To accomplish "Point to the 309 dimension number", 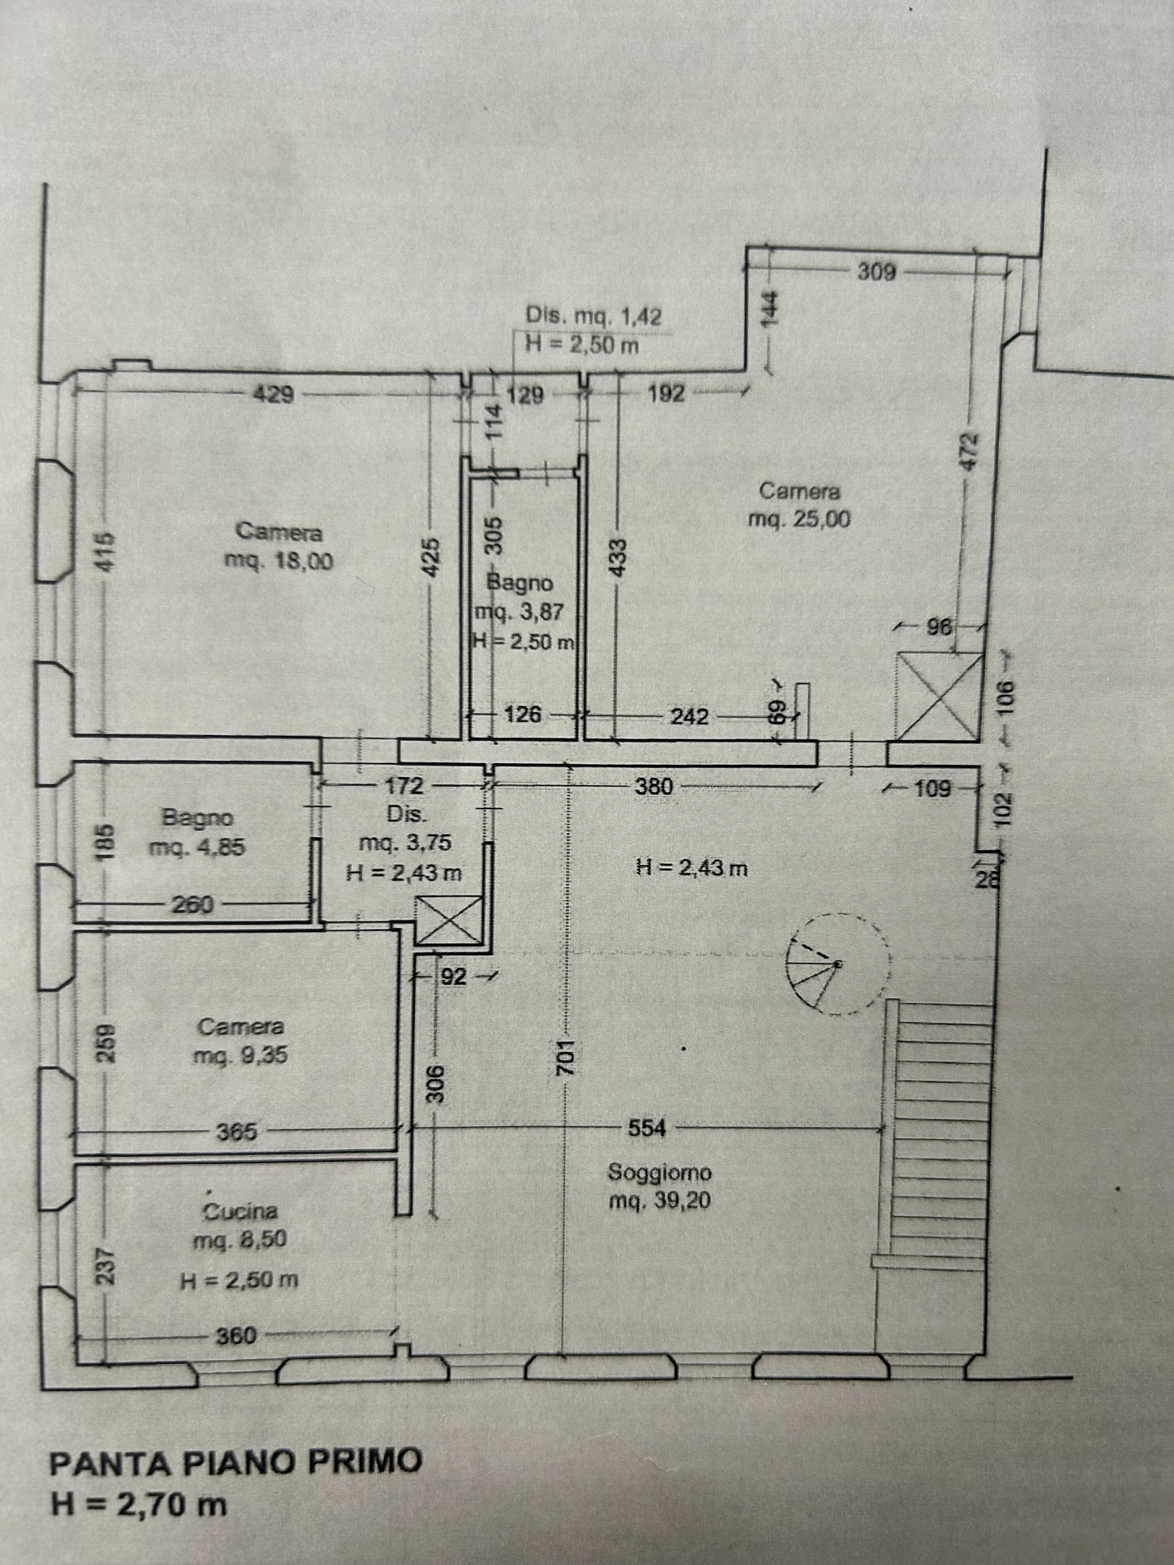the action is click(x=877, y=272).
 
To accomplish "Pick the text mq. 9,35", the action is click(x=241, y=1056).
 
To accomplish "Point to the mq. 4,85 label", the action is click(x=197, y=847).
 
